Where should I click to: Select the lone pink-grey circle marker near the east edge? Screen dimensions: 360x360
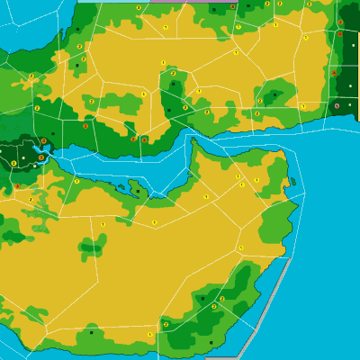[337, 105]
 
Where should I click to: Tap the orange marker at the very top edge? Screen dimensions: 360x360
[232, 6]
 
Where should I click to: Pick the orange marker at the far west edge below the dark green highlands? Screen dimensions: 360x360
[16, 186]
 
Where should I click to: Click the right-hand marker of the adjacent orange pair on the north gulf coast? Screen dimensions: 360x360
[144, 139]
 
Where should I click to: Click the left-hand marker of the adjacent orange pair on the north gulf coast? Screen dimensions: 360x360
[133, 139]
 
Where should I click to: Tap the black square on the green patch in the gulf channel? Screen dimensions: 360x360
[137, 190]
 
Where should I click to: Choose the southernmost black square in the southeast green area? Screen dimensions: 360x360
[211, 342]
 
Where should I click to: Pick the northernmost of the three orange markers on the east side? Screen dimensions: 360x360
[340, 22]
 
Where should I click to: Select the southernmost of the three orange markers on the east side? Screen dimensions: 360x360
[334, 73]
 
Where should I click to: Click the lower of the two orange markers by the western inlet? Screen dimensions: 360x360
[41, 157]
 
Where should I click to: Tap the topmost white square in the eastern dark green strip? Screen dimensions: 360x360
[343, 9]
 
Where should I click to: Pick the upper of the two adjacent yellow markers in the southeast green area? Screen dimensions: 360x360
[222, 299]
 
